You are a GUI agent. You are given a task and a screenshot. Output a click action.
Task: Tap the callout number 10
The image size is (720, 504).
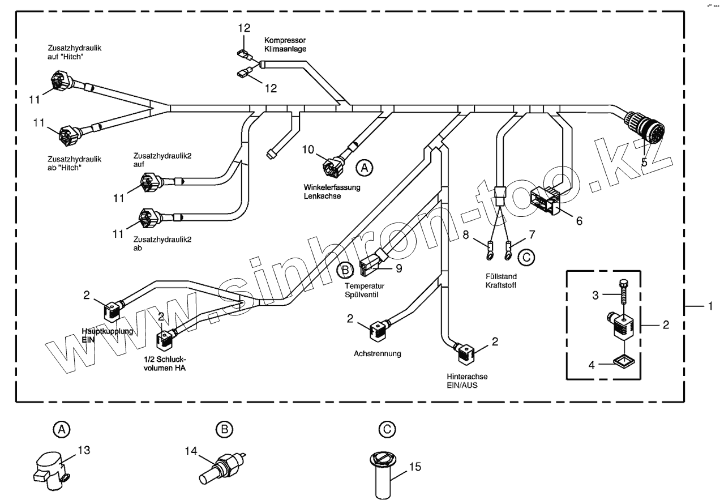coord(307,150)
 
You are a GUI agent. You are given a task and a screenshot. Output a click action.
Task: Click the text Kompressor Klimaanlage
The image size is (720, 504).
coord(285,45)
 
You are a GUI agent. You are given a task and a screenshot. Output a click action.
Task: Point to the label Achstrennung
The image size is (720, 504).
coord(377,354)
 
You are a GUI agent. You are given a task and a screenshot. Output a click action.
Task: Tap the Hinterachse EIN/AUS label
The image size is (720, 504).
coord(467,381)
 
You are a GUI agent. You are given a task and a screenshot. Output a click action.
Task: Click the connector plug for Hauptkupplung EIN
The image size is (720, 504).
coord(111,309)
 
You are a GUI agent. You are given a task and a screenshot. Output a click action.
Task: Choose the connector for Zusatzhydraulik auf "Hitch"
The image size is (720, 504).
coord(59,80)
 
